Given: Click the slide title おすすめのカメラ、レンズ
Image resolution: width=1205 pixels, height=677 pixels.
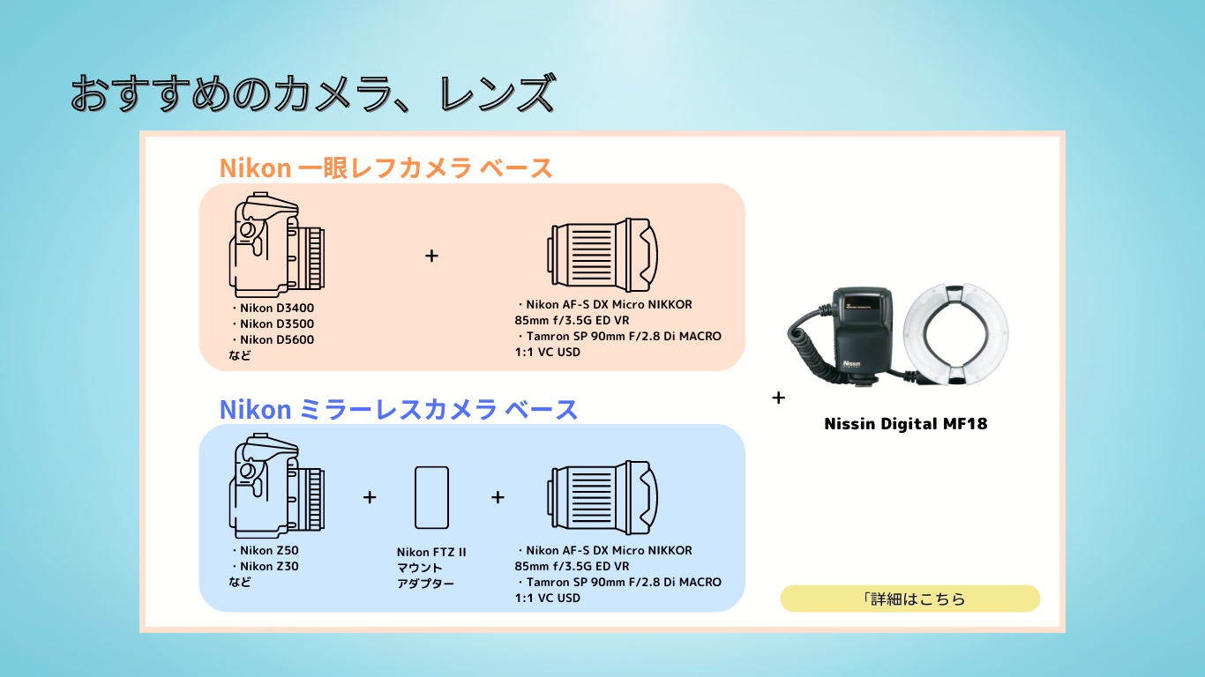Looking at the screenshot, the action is click(x=312, y=94).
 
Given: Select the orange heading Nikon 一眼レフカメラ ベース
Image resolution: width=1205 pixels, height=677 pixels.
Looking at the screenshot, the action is click(x=385, y=168).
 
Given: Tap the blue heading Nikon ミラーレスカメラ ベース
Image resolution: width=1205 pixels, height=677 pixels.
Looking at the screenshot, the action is click(x=398, y=410).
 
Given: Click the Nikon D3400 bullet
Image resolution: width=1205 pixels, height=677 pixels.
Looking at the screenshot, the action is click(x=273, y=309).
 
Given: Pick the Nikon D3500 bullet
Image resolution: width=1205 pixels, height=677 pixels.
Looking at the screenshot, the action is click(x=273, y=324).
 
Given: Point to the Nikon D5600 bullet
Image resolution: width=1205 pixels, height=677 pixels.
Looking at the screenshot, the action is click(x=273, y=340).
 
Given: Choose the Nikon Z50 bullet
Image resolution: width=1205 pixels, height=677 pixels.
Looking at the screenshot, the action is click(x=264, y=551).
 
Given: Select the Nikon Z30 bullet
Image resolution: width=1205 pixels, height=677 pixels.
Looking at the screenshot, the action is click(x=264, y=566).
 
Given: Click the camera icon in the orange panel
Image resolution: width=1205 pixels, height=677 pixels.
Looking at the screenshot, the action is click(x=276, y=245).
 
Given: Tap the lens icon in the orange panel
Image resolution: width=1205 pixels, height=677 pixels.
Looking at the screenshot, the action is click(x=602, y=255).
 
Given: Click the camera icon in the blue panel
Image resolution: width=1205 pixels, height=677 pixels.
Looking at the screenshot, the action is click(x=276, y=486).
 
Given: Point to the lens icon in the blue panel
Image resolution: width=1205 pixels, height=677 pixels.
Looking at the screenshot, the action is click(x=602, y=497).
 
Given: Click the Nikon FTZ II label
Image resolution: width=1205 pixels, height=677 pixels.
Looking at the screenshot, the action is click(x=431, y=552).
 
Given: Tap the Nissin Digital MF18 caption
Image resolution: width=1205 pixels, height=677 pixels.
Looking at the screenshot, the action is click(x=906, y=424).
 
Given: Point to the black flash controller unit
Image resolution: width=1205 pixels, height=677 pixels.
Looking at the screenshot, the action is click(x=863, y=333).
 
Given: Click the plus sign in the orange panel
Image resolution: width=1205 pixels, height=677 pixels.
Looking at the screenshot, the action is click(x=431, y=256).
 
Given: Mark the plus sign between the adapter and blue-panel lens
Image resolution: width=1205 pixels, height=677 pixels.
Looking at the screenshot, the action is click(x=498, y=497).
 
